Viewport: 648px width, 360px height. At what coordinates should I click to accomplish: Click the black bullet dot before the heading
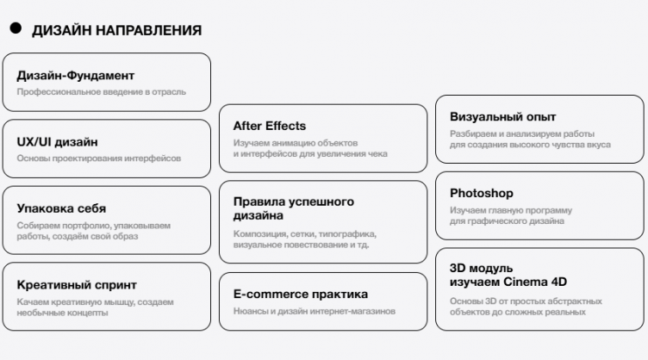pos(15,28)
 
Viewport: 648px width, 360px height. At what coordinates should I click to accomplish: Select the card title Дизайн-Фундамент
pos(75,76)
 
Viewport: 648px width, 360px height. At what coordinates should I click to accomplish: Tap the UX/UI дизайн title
pos(57,142)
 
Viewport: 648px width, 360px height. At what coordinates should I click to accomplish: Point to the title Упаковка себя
pos(61,208)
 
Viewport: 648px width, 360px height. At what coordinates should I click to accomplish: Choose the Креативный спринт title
pos(77,285)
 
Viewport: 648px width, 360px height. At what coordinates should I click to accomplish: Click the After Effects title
pos(269,126)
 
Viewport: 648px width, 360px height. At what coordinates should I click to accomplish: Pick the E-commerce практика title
pos(300,295)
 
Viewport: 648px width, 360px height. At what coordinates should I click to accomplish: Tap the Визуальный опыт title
pos(502,116)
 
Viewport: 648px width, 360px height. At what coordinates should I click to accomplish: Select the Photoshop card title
pos(481,193)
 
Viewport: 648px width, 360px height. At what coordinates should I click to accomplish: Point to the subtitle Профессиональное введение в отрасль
pos(101,92)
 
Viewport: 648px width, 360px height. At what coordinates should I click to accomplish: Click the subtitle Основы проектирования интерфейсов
pos(99,158)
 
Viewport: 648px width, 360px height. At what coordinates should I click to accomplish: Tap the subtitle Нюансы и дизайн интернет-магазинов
pos(314,311)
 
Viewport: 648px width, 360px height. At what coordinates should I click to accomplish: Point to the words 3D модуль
pos(481,268)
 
